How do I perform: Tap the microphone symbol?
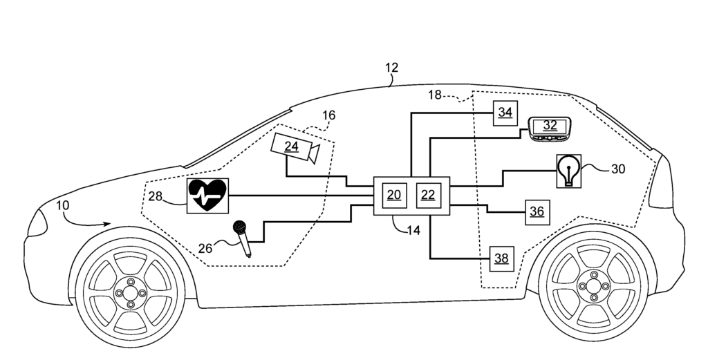(x=242, y=237)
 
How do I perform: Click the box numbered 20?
(x=393, y=195)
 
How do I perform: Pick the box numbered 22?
(x=428, y=195)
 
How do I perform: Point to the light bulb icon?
(x=568, y=171)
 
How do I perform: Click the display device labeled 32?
(x=550, y=128)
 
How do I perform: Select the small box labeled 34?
(x=505, y=113)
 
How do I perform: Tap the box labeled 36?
(x=537, y=211)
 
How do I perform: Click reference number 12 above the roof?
(x=391, y=68)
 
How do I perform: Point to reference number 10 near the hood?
(x=64, y=206)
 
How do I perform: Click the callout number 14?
(x=413, y=231)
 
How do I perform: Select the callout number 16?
(x=329, y=115)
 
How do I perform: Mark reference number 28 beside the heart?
(x=155, y=197)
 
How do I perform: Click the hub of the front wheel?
(x=131, y=293)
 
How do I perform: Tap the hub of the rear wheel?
(x=593, y=285)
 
